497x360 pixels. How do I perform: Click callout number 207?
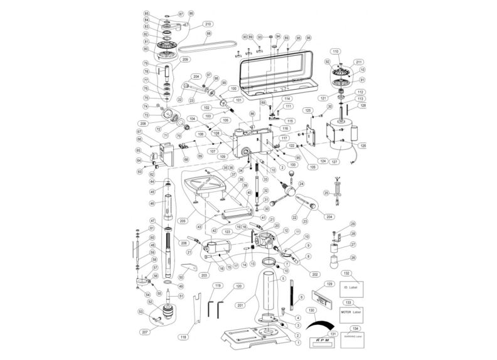[144, 331]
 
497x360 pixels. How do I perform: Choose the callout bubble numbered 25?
[327, 193]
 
